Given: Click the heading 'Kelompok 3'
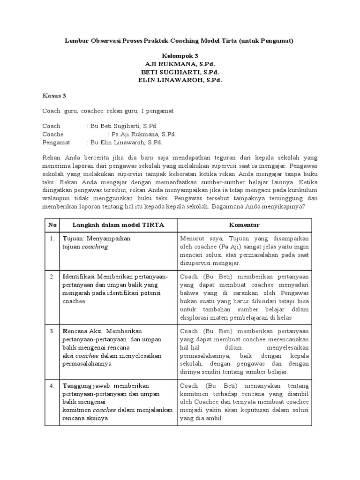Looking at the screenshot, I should click(x=180, y=55).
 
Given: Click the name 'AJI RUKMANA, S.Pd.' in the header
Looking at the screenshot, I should click(x=180, y=63).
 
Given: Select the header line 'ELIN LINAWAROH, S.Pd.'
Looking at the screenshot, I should click(x=180, y=80).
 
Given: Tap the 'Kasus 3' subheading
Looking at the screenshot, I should click(x=54, y=96).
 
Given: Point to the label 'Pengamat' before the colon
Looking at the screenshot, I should click(x=56, y=142).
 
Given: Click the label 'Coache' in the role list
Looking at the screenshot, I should click(x=53, y=134).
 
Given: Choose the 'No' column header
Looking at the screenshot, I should click(x=52, y=225).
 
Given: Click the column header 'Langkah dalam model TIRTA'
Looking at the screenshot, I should click(x=118, y=225).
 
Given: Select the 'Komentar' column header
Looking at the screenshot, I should click(x=244, y=225).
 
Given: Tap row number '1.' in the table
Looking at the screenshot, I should click(x=52, y=239).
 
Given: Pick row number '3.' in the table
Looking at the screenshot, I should click(x=52, y=331).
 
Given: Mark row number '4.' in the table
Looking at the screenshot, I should click(x=52, y=385).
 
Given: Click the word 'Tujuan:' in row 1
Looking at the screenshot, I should click(x=73, y=239).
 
